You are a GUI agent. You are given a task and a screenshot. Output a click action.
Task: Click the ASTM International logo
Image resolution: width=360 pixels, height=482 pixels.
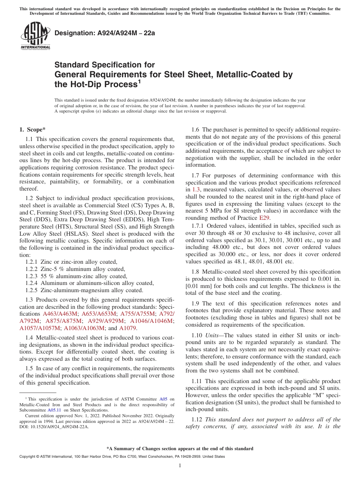coord(35,36)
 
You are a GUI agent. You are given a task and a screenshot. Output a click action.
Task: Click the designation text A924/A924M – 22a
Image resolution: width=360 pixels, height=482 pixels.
coord(105,33)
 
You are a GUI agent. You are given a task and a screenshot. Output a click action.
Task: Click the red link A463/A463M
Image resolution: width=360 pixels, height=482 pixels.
coord(60,314)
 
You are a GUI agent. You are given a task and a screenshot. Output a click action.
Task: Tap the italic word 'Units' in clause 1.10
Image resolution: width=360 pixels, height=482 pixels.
coord(213,336)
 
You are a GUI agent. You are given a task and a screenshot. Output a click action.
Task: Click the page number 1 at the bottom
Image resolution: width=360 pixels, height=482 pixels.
coord(180,466)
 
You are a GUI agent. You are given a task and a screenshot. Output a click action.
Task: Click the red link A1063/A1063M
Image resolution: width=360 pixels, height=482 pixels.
coord(85,328)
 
